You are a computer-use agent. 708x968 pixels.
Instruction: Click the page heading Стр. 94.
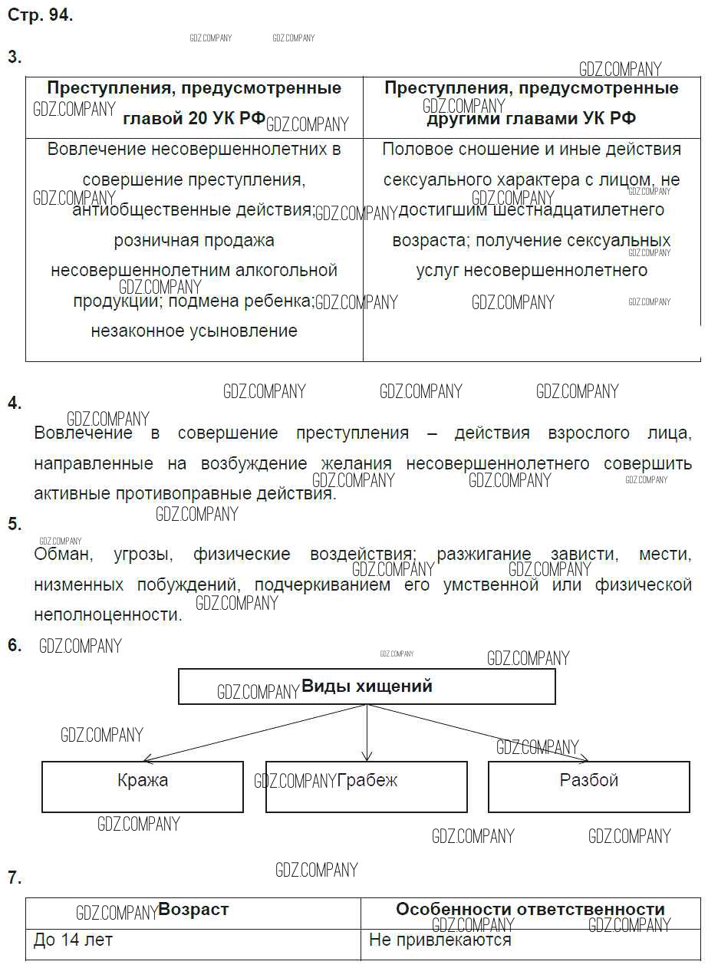point(40,16)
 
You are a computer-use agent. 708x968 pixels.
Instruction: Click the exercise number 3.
point(14,57)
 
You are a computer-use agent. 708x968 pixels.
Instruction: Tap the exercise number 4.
point(14,403)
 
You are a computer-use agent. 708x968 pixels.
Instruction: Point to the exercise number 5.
point(14,524)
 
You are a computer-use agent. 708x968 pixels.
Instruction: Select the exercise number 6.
point(14,645)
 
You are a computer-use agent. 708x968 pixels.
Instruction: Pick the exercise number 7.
point(14,877)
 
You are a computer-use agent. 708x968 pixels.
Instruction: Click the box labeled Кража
point(143,786)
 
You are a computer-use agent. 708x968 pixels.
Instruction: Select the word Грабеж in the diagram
point(367,781)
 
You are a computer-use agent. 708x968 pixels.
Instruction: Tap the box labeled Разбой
point(588,786)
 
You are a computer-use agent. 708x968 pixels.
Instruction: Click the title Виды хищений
point(367,686)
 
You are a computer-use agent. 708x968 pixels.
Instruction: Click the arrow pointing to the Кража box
point(253,733)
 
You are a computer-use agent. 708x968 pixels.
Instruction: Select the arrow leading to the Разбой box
point(479,733)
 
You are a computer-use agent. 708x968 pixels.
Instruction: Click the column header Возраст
point(193,910)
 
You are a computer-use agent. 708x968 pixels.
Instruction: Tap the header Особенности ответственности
point(530,910)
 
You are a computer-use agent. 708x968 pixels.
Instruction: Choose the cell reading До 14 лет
point(73,940)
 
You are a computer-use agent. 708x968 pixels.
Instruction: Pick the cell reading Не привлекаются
point(440,940)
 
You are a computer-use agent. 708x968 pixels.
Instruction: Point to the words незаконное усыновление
point(194,331)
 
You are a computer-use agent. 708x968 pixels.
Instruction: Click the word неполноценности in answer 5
point(107,614)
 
